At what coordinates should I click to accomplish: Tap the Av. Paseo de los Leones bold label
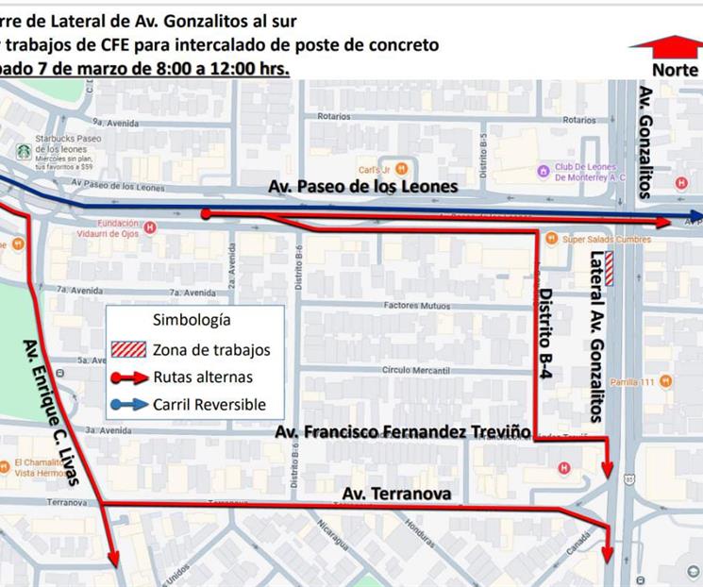[363, 187]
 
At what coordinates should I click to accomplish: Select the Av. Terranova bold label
[396, 494]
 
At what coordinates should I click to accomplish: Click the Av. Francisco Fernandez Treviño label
[403, 432]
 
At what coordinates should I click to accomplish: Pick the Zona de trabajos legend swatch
[128, 349]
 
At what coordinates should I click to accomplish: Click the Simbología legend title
[192, 321]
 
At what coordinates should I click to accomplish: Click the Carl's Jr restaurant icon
[402, 169]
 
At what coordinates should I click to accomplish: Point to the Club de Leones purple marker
[543, 171]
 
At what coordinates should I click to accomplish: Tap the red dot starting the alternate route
[205, 214]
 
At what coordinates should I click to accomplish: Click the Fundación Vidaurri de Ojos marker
[150, 227]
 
